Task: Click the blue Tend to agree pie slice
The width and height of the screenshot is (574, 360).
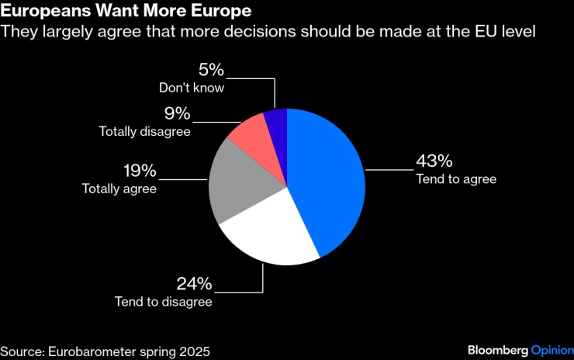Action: [x=326, y=178]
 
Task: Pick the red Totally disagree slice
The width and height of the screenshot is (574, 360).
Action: [x=250, y=137]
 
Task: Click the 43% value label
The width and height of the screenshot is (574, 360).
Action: [x=434, y=161]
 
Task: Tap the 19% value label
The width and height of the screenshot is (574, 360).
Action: [x=140, y=171]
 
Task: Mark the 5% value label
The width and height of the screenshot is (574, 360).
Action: [x=211, y=71]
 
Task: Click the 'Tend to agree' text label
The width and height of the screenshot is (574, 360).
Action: [x=456, y=179]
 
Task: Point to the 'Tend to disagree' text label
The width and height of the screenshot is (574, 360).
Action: [x=163, y=302]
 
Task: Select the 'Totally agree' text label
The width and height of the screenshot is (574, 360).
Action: [x=119, y=189]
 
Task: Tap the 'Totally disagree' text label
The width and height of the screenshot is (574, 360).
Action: [x=144, y=131]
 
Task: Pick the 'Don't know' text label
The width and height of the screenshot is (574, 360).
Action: [x=192, y=88]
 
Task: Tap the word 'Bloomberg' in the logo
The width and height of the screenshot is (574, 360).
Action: [x=498, y=350]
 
